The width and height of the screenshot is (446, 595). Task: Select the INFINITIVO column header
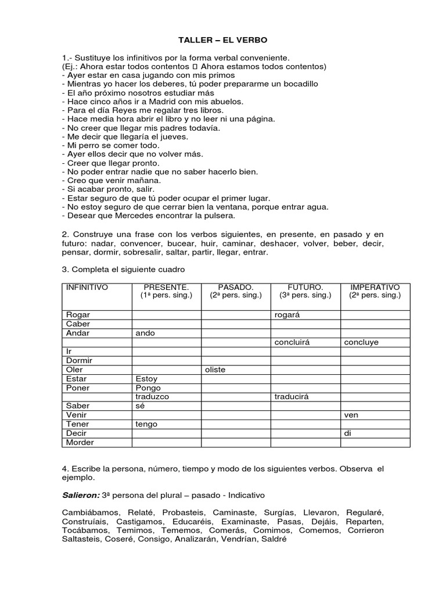click(x=87, y=288)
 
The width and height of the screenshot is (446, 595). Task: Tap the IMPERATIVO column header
click(x=375, y=288)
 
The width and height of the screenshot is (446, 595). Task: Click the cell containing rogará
click(x=287, y=315)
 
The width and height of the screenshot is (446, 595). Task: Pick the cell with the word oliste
click(x=215, y=370)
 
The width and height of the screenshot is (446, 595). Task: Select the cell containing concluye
click(x=361, y=342)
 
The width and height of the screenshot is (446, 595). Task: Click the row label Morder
click(x=80, y=442)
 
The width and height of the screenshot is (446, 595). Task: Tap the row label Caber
click(x=78, y=324)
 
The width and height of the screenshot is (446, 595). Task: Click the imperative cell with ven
click(x=351, y=415)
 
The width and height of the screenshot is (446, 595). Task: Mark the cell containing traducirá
click(x=290, y=397)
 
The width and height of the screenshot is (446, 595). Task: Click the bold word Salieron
click(x=80, y=496)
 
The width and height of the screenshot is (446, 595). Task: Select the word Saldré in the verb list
click(x=275, y=539)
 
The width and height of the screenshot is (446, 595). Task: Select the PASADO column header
click(x=236, y=288)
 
